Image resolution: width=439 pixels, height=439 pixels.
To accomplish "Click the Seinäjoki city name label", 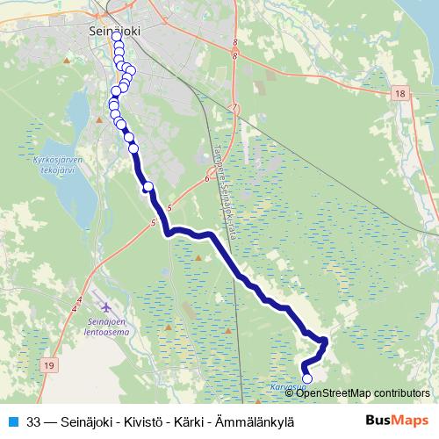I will click(118, 28).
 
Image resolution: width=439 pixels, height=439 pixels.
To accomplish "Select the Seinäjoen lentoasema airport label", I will click(106, 327).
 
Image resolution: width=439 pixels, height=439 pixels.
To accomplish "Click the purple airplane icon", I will click(107, 308).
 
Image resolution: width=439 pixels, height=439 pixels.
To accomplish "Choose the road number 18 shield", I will click(399, 93).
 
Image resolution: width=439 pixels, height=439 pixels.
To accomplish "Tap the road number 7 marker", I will click(234, 107).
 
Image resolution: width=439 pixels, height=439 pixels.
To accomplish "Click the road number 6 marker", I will click(205, 178).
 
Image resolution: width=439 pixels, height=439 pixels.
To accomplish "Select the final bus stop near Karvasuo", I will click(306, 379).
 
